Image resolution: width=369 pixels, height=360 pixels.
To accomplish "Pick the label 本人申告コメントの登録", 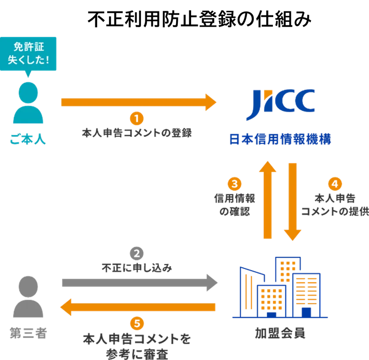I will (137, 133).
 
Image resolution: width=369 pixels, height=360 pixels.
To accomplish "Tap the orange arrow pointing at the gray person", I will (138, 308).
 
